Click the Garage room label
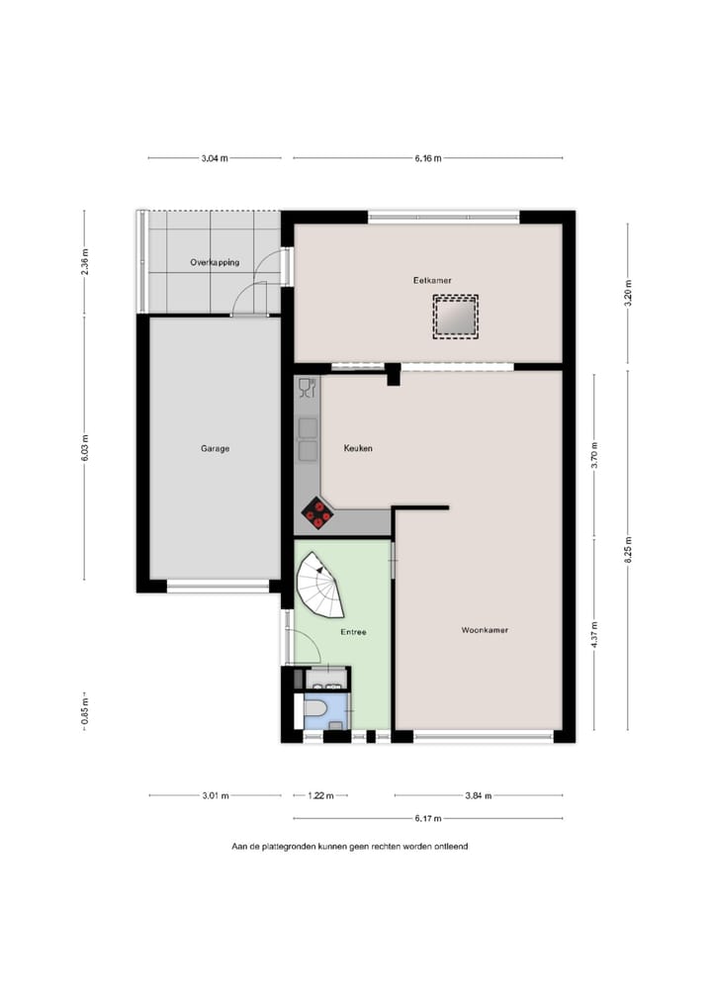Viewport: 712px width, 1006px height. click(x=215, y=449)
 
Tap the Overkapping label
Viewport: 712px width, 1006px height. click(x=215, y=263)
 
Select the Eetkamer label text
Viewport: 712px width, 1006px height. click(x=432, y=281)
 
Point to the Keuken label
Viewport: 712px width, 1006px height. click(x=357, y=449)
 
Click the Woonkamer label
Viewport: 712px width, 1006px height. click(x=485, y=630)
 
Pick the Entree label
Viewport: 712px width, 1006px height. click(x=354, y=632)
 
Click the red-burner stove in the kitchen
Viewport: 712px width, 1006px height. click(x=318, y=510)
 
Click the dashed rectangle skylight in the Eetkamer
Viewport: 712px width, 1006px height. click(x=455, y=318)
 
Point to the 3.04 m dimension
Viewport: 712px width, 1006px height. click(x=215, y=158)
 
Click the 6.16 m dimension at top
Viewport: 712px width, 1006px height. click(x=428, y=158)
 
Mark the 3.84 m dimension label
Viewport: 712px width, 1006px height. click(x=479, y=795)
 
